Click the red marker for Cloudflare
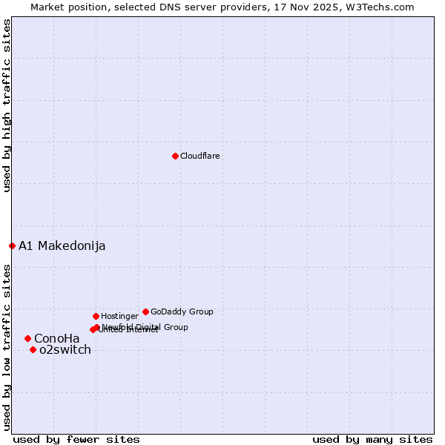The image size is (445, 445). (175, 156)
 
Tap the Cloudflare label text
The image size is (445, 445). (200, 156)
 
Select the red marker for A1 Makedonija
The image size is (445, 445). (12, 245)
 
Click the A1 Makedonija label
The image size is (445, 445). (62, 245)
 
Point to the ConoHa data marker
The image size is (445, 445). (27, 338)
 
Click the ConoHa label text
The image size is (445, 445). (56, 339)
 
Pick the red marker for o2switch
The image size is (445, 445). (33, 349)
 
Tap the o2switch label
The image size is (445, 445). (65, 350)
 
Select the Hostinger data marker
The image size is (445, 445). (96, 316)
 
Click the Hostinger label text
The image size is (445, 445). (119, 316)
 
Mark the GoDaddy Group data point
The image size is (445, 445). (145, 311)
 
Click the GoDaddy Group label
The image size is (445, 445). (182, 311)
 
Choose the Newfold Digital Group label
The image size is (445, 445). (145, 327)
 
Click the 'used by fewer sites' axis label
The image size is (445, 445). (76, 439)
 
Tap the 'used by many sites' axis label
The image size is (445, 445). (372, 439)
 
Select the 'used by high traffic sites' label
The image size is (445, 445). (7, 105)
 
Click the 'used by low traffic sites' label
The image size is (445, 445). (7, 346)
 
